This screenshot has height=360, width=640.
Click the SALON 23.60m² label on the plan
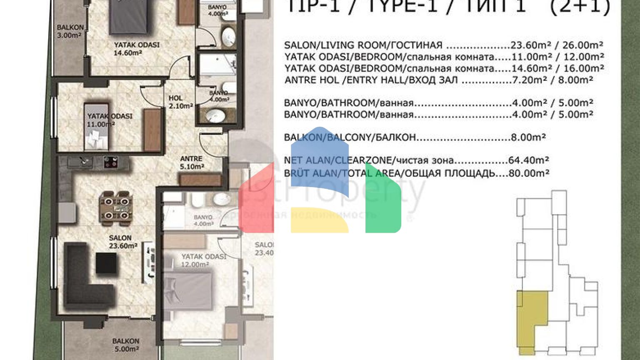coord(123,242)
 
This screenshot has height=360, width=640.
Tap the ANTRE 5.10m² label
coord(191,163)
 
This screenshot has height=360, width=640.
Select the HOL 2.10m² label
coord(180,102)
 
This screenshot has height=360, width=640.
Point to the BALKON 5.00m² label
coord(125,345)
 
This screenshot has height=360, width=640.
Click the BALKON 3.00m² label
coord(70,31)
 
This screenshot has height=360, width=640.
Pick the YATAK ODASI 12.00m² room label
coord(203,260)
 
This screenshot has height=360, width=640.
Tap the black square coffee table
coord(106,263)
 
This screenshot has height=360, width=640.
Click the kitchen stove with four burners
coord(110,162)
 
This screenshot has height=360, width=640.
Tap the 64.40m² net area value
coord(528,160)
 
